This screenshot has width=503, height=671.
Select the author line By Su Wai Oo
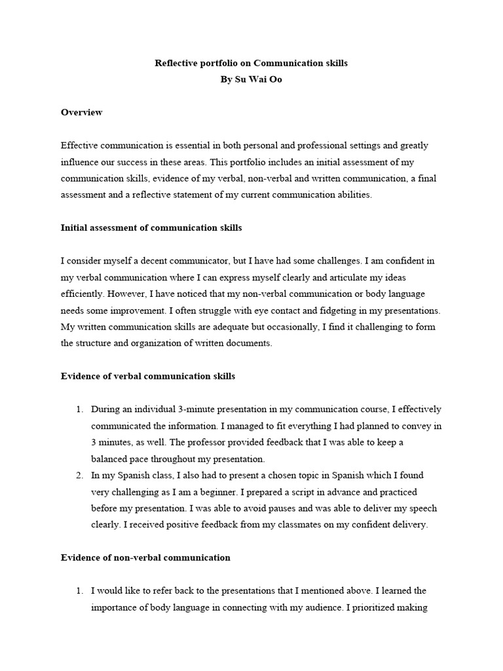251,81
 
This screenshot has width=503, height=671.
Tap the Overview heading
81,113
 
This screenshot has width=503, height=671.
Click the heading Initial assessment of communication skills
151,228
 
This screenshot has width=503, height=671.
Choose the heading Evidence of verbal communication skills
148,377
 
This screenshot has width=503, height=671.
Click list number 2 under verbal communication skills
79,475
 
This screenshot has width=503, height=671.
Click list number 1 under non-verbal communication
79,590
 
